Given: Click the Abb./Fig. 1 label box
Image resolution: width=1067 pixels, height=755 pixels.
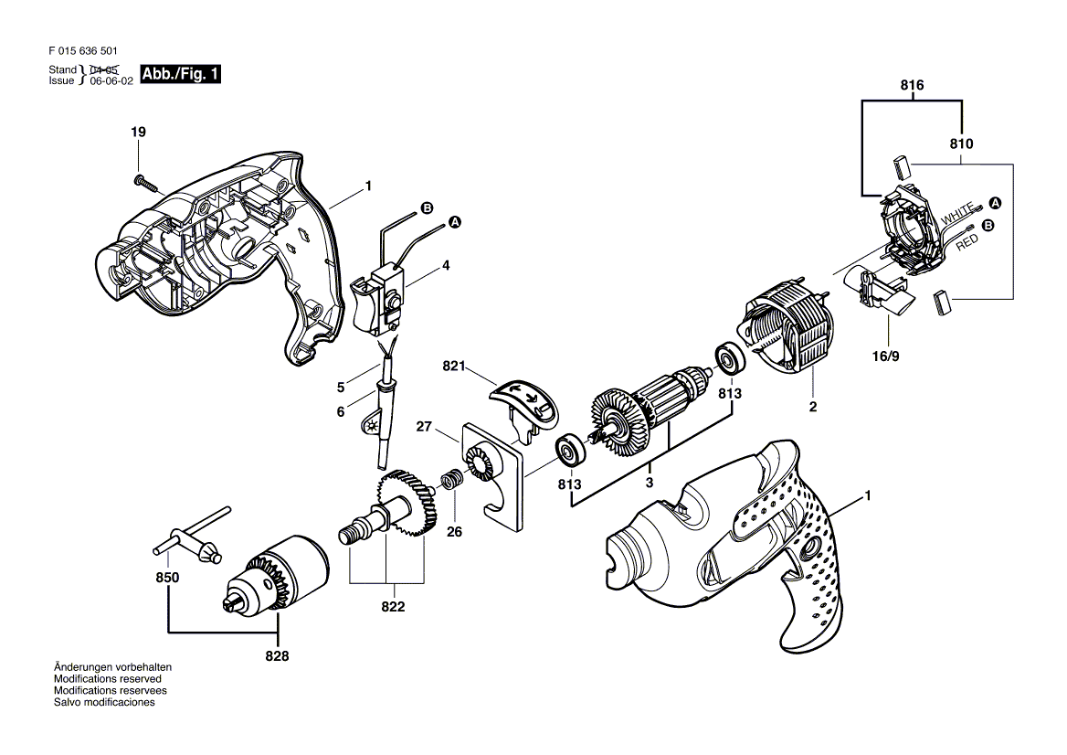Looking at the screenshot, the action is (180, 74).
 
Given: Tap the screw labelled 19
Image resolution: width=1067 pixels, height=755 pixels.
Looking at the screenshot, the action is (145, 183).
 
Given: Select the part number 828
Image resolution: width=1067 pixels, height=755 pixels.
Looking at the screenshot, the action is (277, 656).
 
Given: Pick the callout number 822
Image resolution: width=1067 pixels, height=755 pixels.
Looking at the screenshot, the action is (394, 607).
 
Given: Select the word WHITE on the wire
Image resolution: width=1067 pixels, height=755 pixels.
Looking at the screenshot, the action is (956, 214).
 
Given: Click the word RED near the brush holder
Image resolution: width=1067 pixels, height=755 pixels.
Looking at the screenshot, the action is (967, 241).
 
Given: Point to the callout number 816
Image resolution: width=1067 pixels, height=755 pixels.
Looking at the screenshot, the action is (912, 85).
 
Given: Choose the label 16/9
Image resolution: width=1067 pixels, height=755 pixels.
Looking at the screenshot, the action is (885, 356).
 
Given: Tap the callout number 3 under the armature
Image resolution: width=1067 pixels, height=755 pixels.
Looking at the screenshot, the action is (650, 483).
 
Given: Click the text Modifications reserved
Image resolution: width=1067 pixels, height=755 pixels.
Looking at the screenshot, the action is (108, 679).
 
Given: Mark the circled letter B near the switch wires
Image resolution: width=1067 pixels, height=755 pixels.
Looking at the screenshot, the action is (427, 207).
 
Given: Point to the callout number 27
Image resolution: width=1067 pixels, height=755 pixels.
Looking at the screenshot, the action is (424, 426).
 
